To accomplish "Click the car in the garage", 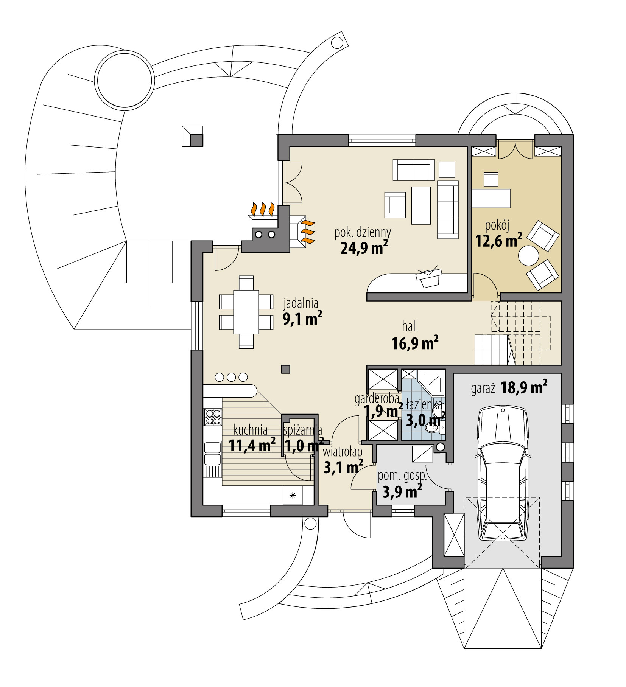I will click(x=502, y=473).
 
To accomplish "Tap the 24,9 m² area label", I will click(x=364, y=248).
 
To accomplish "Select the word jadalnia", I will click(x=301, y=303).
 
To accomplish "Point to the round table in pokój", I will click(x=528, y=256).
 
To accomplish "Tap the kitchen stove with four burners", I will click(x=212, y=417).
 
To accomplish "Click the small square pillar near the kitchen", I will click(x=286, y=369).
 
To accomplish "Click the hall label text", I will click(x=410, y=326).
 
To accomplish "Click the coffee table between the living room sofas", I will click(x=421, y=205).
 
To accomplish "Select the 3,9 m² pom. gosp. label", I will click(x=402, y=492).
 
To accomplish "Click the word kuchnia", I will click(x=250, y=430).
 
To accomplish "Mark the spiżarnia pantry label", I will click(x=302, y=430).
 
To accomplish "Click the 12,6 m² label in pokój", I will click(x=498, y=241).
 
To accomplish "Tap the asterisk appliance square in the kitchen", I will click(x=293, y=496).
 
